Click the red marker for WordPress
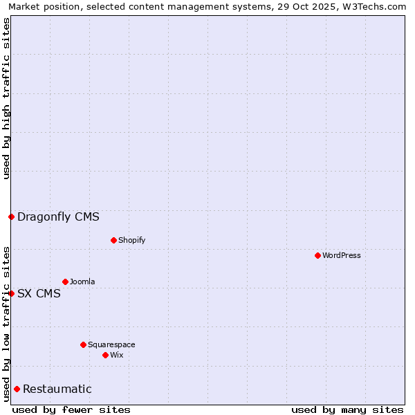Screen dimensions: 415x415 point(317,255)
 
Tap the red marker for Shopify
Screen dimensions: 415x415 point(113,240)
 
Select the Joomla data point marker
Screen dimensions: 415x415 point(65,282)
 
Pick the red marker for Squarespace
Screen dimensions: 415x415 point(83,344)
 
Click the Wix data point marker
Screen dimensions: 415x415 point(105,355)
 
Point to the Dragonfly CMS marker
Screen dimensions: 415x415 point(11,216)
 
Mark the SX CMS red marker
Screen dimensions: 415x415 point(11,293)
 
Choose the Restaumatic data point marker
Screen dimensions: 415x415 point(17,389)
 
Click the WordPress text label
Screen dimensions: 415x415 point(341,255)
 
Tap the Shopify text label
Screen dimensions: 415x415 point(131,240)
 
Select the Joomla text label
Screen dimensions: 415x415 point(82,282)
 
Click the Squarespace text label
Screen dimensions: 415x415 point(111,344)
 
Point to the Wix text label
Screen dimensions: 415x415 point(116,355)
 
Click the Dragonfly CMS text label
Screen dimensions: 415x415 point(58,216)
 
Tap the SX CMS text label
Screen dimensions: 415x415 point(39,293)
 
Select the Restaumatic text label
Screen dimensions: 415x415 point(57,389)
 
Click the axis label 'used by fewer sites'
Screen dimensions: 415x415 point(71,409)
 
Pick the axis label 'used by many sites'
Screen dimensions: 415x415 point(347,409)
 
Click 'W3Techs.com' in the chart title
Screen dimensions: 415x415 point(379,6)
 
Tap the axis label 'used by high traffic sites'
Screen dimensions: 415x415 point(6,98)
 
